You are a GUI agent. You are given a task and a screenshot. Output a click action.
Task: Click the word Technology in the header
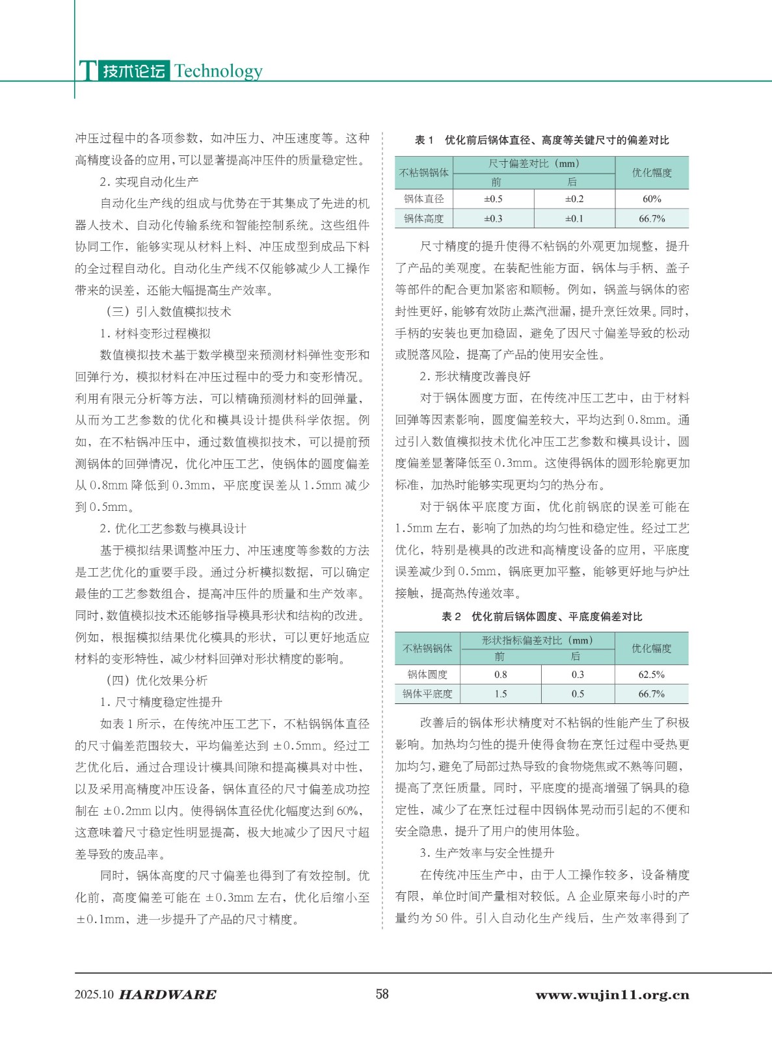coord(219,71)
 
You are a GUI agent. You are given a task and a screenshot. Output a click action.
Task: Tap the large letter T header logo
coord(87,70)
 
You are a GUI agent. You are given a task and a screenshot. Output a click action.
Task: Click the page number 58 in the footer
coord(382,994)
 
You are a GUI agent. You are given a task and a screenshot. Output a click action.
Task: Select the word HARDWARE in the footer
coord(168,994)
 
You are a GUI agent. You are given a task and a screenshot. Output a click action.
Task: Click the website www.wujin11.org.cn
coord(612,994)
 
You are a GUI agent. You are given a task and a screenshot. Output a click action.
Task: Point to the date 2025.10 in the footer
coord(94,994)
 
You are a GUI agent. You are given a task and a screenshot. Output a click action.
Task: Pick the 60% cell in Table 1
coord(652,199)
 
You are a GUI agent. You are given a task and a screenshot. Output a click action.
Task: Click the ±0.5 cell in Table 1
coord(493,199)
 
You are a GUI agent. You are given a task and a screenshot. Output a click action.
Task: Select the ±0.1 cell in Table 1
coord(574,218)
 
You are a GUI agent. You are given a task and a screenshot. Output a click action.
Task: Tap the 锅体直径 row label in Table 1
coord(424,199)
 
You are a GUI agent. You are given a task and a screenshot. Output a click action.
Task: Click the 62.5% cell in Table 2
coord(651,675)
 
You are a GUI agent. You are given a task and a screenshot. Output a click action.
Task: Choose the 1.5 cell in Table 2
coord(501,694)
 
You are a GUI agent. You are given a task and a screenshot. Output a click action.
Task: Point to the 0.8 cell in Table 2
coord(501,675)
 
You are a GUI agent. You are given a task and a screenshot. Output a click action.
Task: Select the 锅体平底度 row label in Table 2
coord(427,694)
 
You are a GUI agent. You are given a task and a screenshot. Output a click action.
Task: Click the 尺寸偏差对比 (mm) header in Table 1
coord(534,164)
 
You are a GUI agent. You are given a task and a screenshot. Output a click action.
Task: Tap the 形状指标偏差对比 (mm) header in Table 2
coord(537,640)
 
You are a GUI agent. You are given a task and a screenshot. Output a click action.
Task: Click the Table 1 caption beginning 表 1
coord(542,140)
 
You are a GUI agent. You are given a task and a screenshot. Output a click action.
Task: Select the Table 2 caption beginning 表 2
coord(542,616)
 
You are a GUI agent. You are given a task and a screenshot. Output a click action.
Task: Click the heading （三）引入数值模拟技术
coord(168,312)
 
